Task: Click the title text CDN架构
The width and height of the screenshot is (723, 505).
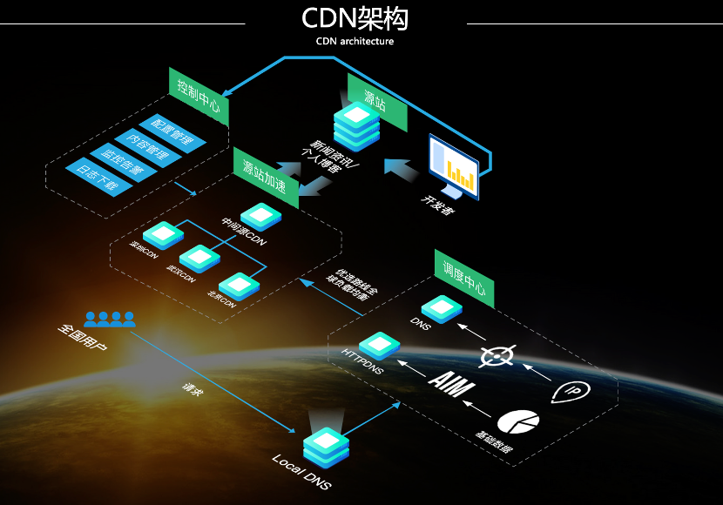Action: point(354,18)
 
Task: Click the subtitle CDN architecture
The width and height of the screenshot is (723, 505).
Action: point(355,41)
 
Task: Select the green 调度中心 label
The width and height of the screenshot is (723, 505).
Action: point(464,279)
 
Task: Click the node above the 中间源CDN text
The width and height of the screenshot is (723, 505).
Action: point(260,215)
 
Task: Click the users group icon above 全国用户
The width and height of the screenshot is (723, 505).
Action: point(109,319)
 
